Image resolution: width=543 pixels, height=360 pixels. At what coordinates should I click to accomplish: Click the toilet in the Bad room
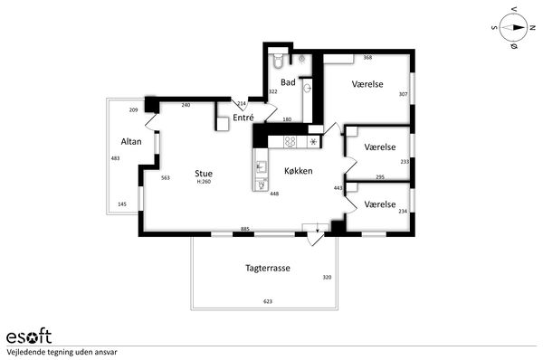click(x=278, y=61)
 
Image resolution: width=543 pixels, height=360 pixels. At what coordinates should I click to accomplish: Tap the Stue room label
click(x=204, y=174)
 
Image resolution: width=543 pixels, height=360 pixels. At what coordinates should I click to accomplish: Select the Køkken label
click(x=299, y=171)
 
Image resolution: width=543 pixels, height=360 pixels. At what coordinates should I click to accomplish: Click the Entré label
click(x=243, y=118)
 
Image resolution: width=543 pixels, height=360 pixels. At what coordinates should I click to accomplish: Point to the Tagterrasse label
click(x=268, y=268)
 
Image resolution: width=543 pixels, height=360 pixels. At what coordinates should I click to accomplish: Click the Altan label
click(x=131, y=142)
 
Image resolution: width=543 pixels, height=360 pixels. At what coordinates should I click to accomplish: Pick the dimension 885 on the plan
click(x=245, y=229)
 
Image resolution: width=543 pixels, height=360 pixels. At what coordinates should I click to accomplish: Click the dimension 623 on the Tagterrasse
click(x=268, y=301)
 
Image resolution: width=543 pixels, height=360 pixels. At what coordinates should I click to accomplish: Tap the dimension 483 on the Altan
click(x=115, y=158)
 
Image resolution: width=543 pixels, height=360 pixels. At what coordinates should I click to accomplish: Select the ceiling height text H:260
click(x=204, y=182)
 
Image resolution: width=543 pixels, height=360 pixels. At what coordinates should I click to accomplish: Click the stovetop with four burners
click(x=290, y=142)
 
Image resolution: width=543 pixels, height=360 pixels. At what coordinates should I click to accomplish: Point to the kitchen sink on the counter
click(x=261, y=167)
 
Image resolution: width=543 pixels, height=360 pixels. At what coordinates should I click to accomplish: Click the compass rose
click(x=513, y=28)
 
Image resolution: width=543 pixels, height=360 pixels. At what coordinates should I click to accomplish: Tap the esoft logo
click(x=29, y=336)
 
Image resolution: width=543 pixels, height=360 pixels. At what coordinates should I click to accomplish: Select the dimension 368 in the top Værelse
click(x=367, y=58)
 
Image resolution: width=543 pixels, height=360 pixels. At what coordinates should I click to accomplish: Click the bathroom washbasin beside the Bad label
click(x=308, y=89)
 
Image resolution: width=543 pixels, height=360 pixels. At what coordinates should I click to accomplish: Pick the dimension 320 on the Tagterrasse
click(x=327, y=278)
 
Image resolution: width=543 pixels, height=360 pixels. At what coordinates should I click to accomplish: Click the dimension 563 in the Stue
click(x=166, y=178)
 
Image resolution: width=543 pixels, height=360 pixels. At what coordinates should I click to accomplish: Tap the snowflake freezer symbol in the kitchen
click(x=313, y=142)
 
